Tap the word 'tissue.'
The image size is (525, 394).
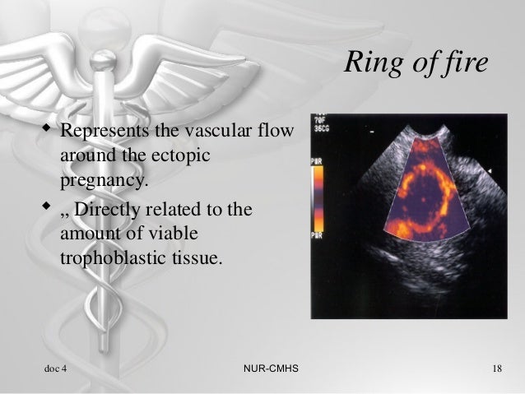194,257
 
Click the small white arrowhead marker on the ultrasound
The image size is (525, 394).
491,169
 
